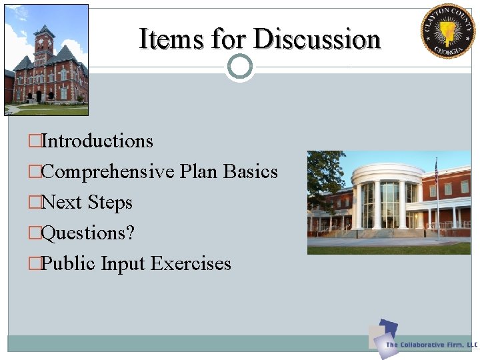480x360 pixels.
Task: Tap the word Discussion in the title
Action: pyautogui.click(x=317, y=39)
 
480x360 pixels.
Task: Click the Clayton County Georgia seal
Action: pyautogui.click(x=447, y=31)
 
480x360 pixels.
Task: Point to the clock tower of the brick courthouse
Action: pyautogui.click(x=43, y=43)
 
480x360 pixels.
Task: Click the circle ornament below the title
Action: pyautogui.click(x=239, y=66)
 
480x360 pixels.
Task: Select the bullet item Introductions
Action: pyautogui.click(x=97, y=141)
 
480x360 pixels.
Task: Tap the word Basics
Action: pyautogui.click(x=251, y=172)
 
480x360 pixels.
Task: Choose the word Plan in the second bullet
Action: pyautogui.click(x=199, y=172)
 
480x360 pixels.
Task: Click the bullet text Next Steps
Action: pyautogui.click(x=87, y=203)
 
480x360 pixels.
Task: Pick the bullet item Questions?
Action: pyautogui.click(x=87, y=233)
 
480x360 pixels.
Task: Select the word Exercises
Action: pyautogui.click(x=191, y=264)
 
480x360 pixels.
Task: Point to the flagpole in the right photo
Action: pyautogui.click(x=437, y=200)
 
